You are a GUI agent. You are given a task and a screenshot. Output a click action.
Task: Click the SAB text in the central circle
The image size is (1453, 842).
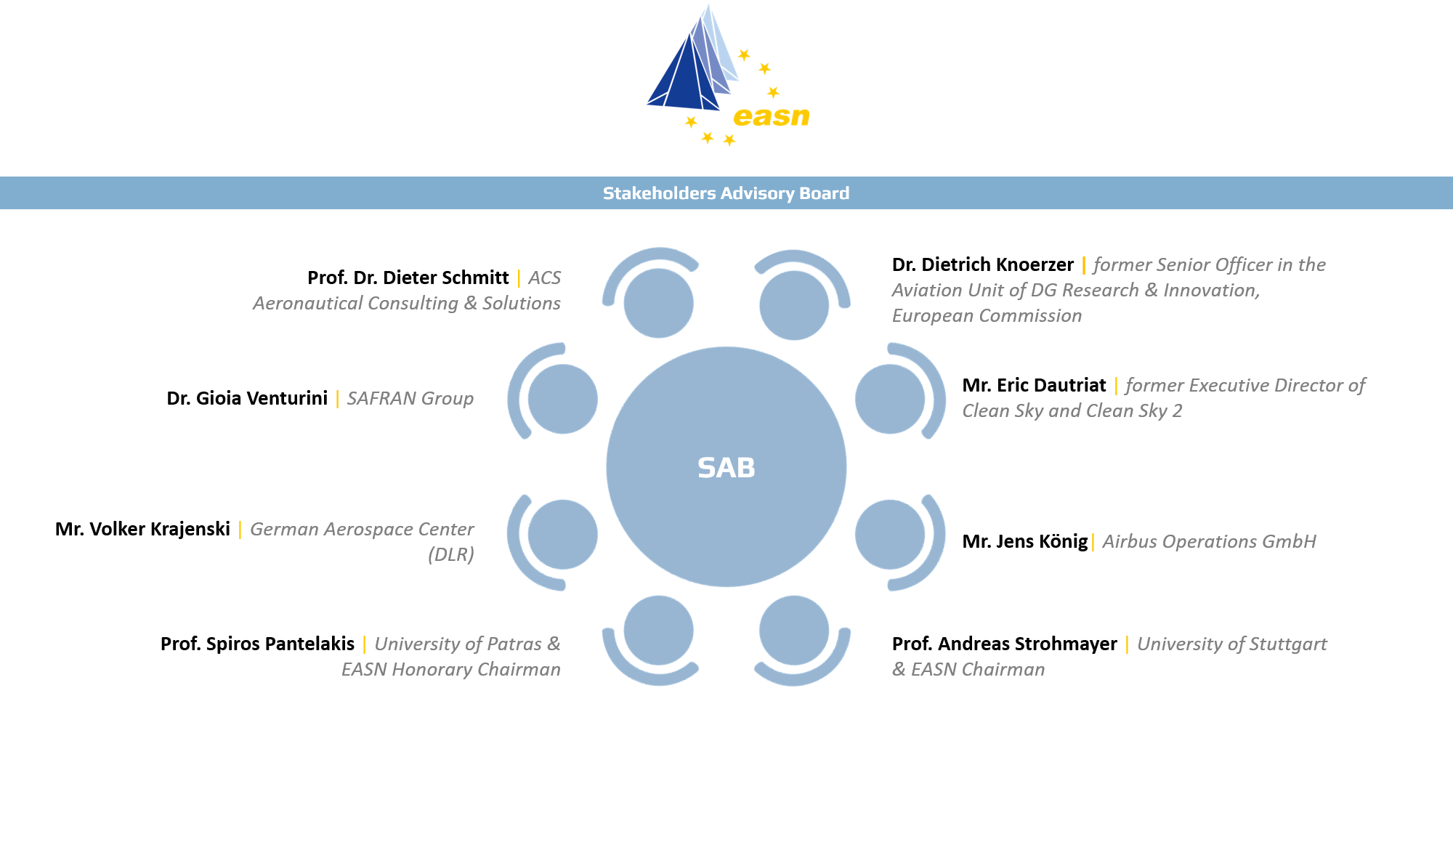(726, 468)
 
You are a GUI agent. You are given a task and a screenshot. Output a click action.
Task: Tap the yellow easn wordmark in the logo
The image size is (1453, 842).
(771, 117)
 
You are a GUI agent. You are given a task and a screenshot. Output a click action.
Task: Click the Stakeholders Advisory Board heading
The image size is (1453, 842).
(726, 193)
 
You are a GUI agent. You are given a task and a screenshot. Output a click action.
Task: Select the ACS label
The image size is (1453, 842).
(544, 278)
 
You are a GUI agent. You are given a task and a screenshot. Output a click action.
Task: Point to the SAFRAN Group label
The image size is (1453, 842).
(410, 398)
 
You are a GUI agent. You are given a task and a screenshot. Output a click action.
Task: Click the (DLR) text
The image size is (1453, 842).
(450, 554)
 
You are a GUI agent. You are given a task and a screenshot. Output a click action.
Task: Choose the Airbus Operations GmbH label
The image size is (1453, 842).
(1209, 541)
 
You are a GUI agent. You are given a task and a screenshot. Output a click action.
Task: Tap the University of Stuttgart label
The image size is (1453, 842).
(1231, 644)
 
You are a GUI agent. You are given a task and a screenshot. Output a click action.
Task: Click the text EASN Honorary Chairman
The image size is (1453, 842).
(450, 669)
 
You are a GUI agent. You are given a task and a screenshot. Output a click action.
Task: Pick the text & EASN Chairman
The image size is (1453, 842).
(968, 669)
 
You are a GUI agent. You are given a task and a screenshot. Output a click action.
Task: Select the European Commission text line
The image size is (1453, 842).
(987, 315)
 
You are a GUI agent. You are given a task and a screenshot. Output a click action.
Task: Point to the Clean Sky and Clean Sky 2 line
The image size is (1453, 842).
(1072, 410)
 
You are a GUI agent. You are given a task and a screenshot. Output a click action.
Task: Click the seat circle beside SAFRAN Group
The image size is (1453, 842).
(562, 399)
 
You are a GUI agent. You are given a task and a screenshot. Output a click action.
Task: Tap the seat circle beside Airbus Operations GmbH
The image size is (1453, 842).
(890, 535)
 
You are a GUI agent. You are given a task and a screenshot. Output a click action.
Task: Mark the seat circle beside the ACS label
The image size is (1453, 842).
(658, 303)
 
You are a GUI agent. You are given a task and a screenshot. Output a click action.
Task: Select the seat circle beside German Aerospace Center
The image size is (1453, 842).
(562, 535)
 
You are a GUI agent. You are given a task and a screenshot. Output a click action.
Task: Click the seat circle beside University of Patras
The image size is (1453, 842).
(658, 631)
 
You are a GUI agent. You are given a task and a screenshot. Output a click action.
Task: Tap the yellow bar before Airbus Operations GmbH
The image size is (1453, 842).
(1093, 542)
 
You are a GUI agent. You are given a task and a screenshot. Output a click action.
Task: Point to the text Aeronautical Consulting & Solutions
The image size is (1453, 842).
(406, 303)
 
